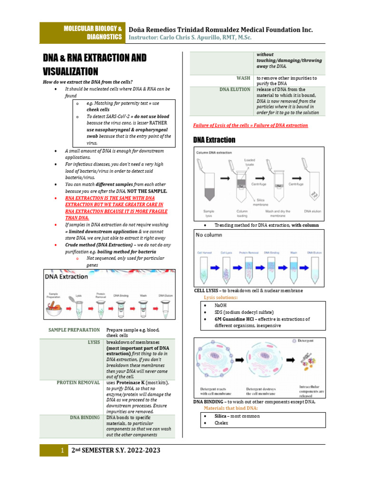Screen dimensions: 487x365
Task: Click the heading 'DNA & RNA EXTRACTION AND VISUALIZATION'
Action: click(x=95, y=64)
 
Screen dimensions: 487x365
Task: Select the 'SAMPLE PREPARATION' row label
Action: click(x=74, y=330)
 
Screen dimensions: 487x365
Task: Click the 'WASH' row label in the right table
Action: click(x=243, y=78)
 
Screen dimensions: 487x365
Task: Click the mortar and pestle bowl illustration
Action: click(x=56, y=310)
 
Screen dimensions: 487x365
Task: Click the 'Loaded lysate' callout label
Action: click(x=250, y=163)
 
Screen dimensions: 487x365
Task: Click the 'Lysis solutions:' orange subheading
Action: click(x=221, y=297)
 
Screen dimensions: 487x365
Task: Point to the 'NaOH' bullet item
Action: click(x=221, y=305)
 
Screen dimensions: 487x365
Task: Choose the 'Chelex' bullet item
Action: click(x=221, y=423)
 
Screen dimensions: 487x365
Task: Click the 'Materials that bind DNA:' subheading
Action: click(x=231, y=408)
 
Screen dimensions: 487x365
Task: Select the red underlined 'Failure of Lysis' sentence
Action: click(x=250, y=126)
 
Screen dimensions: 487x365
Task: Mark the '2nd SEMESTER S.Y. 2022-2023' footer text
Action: click(x=115, y=450)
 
